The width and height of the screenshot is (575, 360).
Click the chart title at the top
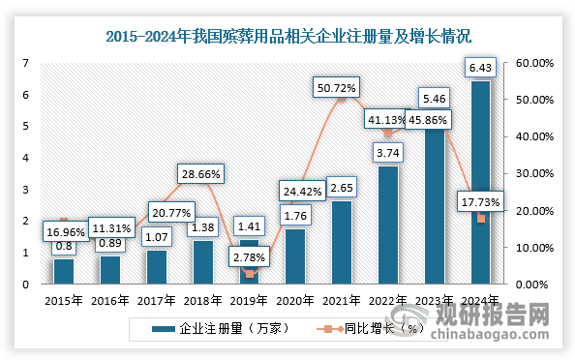287,38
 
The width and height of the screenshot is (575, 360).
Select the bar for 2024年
479,184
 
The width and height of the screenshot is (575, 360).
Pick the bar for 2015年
63,271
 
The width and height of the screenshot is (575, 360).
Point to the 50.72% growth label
339,88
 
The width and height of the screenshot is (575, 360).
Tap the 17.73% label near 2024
480,201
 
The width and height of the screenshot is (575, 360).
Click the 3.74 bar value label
387,152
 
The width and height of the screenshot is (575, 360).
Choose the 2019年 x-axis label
248,300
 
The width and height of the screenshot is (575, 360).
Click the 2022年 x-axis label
387,300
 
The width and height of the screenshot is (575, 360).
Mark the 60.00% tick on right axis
535,63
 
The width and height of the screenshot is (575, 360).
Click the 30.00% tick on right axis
535,173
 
